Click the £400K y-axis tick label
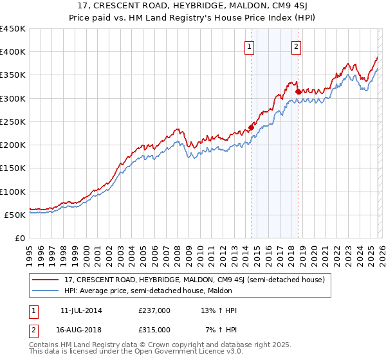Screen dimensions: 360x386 click(13, 52)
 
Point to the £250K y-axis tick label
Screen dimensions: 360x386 click(13, 122)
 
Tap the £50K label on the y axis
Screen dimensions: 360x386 click(15, 215)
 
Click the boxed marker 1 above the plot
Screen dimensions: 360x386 click(250, 46)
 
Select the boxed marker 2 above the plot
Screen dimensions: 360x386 click(297, 46)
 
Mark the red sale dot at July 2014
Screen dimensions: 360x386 click(251, 127)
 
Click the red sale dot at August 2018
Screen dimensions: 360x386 click(298, 91)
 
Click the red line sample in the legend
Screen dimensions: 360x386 click(46, 280)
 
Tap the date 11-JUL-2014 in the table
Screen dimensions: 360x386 click(81, 311)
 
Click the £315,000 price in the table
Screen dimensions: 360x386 click(154, 329)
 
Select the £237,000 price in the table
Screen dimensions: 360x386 click(154, 311)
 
